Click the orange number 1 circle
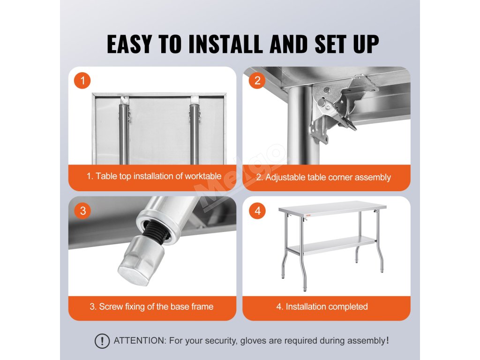pyautogui.click(x=82, y=81)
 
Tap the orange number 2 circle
pyautogui.click(x=257, y=81)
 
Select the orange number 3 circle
pyautogui.click(x=82, y=210)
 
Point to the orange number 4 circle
pyautogui.click(x=257, y=210)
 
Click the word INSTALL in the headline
pyautogui.click(x=226, y=44)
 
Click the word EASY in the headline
pyautogui.click(x=129, y=44)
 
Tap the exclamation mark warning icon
pyautogui.click(x=102, y=341)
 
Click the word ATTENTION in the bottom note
pyautogui.click(x=139, y=340)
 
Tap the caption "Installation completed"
pyautogui.click(x=326, y=307)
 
